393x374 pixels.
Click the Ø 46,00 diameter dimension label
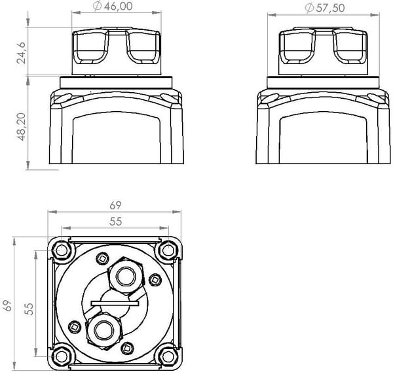(113, 6)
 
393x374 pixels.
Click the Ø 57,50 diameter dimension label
(325, 8)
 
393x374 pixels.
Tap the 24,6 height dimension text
(22, 52)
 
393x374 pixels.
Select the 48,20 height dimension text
(22, 127)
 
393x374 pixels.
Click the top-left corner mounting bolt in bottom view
(62, 250)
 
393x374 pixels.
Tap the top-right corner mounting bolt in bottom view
(168, 250)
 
